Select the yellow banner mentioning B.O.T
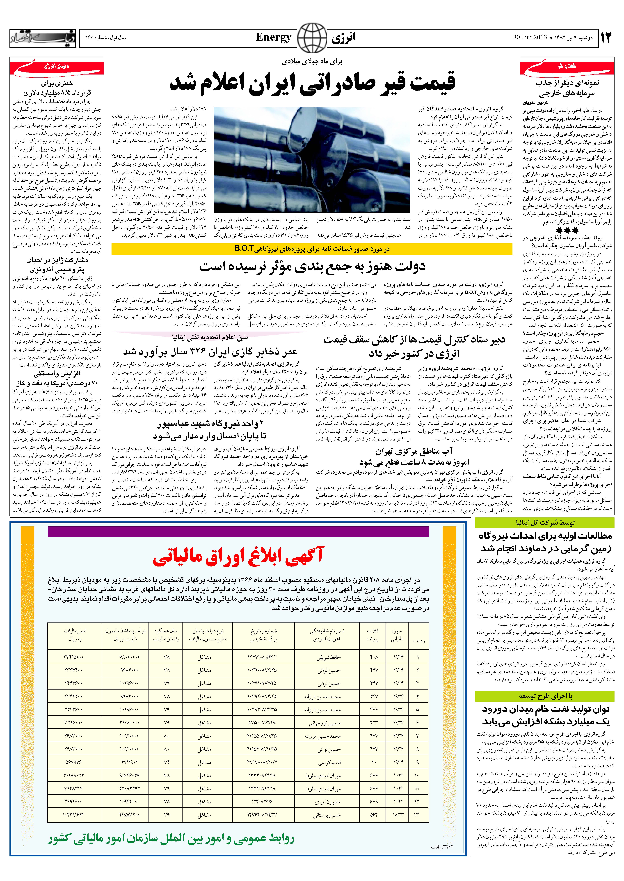click(312, 249)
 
